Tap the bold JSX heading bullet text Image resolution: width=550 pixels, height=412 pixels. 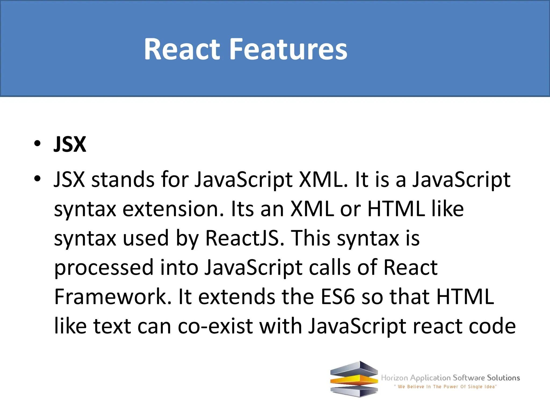coord(70,145)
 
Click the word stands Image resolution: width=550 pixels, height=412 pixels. coord(123,179)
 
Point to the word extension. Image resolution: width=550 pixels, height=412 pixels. coord(173,209)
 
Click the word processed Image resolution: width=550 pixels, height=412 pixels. coord(104,268)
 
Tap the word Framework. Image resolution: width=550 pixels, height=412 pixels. coord(113,297)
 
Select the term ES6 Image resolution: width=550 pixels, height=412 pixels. coord(338,297)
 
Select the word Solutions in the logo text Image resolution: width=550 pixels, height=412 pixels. coord(504,378)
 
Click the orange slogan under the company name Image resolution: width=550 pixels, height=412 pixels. coord(446,387)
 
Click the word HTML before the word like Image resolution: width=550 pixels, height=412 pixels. coord(396,209)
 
